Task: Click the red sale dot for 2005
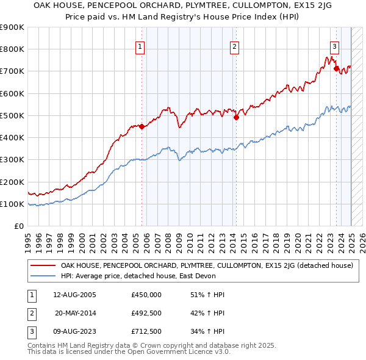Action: (142, 127)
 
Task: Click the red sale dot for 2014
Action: (236, 118)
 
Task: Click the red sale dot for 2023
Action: (336, 69)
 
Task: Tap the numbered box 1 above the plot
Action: (140, 46)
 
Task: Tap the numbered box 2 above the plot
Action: (234, 46)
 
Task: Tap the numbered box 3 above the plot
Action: (335, 46)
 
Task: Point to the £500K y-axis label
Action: (12, 115)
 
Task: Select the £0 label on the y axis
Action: (18, 226)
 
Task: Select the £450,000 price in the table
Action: (146, 295)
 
